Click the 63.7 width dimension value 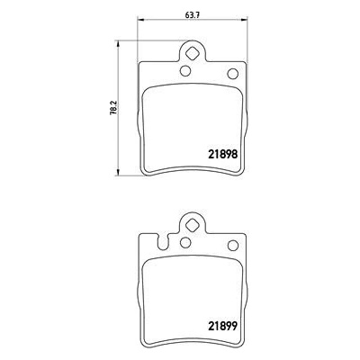pos(193,15)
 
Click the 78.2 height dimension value pos(113,108)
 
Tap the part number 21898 pos(223,155)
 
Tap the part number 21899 pos(223,325)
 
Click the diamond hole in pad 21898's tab pos(192,54)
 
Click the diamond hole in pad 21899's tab pos(192,225)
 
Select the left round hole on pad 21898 pos(185,71)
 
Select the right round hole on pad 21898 pos(233,74)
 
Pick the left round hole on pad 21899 pos(185,242)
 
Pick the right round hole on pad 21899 pos(233,246)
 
